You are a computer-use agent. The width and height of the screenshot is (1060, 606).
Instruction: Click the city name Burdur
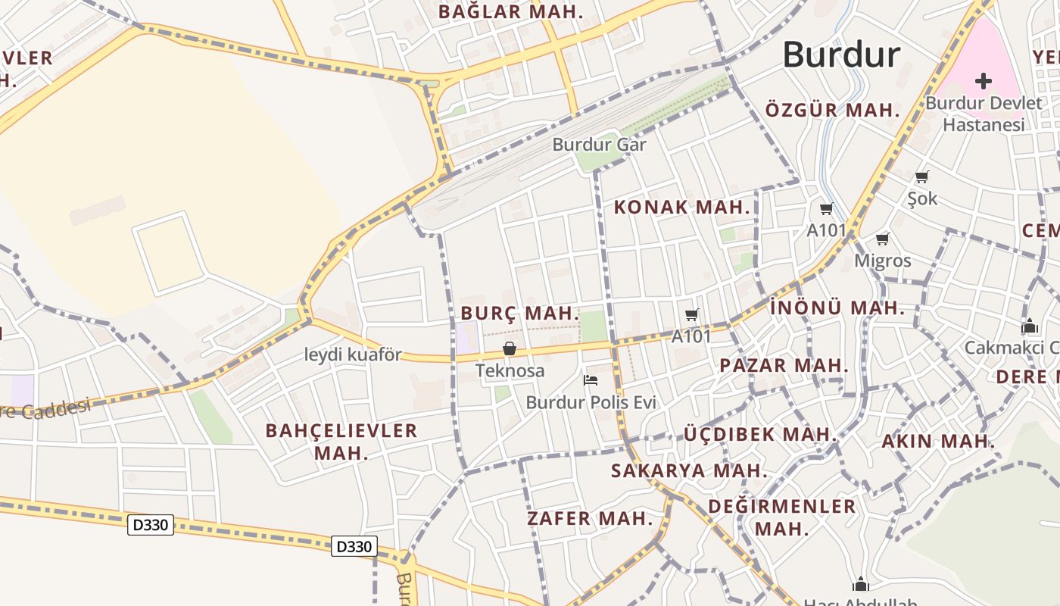(841, 55)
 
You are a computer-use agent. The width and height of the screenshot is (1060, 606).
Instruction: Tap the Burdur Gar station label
(599, 144)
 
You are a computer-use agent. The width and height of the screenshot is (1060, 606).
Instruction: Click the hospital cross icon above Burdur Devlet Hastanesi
(984, 81)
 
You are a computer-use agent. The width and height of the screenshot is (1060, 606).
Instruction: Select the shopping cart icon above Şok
(922, 177)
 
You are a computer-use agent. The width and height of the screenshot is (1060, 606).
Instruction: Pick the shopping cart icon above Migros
(882, 239)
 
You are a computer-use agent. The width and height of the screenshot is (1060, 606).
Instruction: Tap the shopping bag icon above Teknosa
(510, 348)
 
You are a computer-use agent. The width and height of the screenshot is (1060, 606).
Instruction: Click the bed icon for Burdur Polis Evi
(591, 380)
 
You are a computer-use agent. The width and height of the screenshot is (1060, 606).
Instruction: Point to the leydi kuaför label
(353, 355)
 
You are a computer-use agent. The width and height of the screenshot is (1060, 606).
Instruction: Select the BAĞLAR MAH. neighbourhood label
(511, 12)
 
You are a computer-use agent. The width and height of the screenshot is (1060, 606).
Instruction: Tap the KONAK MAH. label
(681, 207)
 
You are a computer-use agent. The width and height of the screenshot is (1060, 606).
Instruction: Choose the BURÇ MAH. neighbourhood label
(519, 313)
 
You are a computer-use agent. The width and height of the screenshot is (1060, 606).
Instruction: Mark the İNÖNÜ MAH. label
(837, 308)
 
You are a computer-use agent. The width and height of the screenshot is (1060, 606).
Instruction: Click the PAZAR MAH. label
(784, 365)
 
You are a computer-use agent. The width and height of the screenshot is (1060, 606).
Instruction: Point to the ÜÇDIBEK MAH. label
(759, 435)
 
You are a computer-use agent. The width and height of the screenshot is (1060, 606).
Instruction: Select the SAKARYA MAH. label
(689, 470)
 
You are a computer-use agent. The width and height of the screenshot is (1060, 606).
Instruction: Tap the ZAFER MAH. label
(590, 519)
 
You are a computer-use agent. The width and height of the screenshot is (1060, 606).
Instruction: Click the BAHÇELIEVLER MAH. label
(341, 442)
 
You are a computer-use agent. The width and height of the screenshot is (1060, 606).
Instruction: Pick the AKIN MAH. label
(938, 441)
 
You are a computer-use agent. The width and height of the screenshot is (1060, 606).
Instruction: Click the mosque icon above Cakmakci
(1030, 326)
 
